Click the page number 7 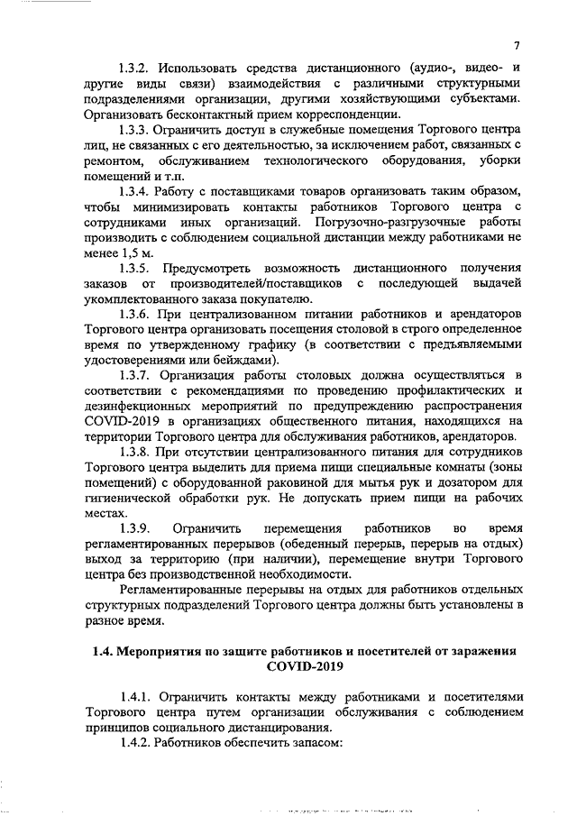pyautogui.click(x=517, y=46)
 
